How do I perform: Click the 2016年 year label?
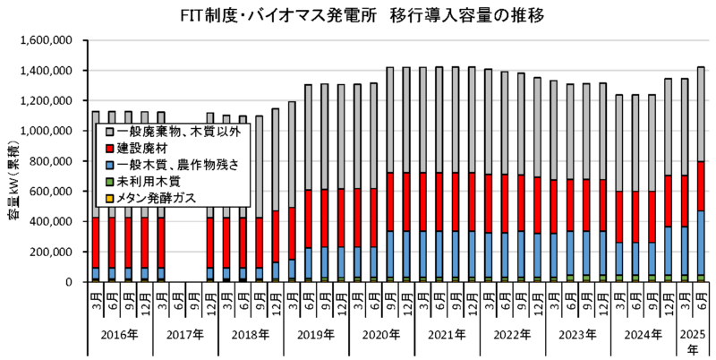[120, 336]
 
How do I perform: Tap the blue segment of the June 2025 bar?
[701, 242]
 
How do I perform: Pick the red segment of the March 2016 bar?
[95, 242]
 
